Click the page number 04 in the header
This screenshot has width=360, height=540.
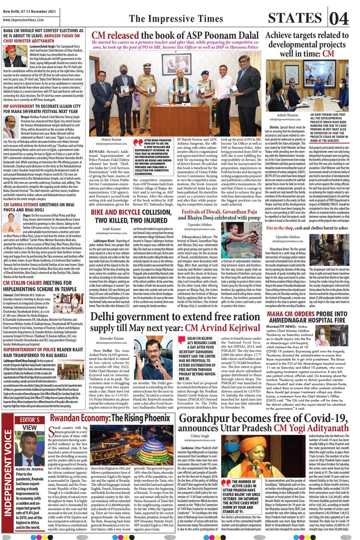click(340, 18)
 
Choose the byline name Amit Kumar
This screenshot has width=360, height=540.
click(112, 229)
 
